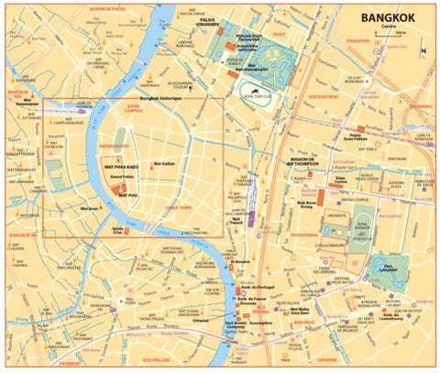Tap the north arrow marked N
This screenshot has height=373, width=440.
click(423, 50)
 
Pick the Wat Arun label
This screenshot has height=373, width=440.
click(90, 209)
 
